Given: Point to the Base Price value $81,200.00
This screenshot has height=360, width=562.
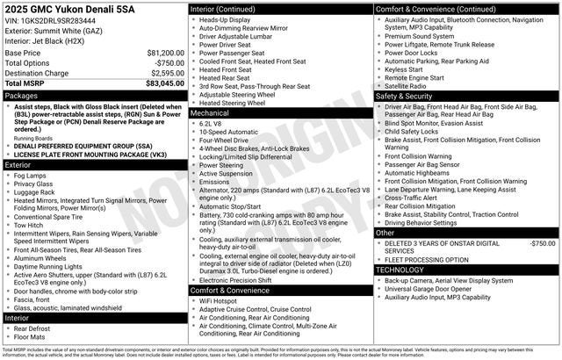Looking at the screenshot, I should (165, 53).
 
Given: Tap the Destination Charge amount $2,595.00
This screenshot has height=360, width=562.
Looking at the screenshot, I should (165, 74).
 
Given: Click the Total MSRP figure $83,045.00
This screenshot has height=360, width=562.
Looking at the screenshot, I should (165, 84).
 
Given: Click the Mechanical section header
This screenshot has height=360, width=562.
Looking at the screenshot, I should (210, 113).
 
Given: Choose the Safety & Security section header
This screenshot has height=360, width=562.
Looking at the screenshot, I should (406, 96).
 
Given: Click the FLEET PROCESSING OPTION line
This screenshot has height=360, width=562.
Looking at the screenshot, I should (428, 259).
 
